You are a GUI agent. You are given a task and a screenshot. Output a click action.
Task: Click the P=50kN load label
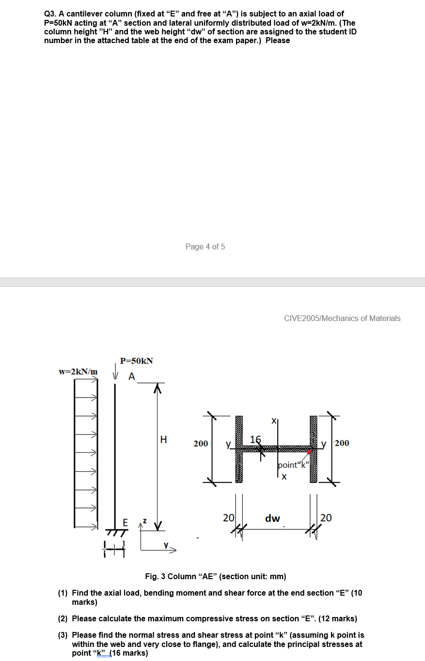pos(136,361)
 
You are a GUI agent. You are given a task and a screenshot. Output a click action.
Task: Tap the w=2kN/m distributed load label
pos(78,371)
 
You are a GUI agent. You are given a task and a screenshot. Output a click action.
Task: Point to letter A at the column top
pos(131,377)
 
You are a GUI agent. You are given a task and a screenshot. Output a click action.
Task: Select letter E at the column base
pos(125,523)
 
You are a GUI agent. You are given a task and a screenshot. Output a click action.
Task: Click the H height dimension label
pos(163,440)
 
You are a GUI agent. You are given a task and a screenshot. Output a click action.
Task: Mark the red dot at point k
pos(310,452)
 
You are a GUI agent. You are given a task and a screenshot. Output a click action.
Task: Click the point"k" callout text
pos(293,465)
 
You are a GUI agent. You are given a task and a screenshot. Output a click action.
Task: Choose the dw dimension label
pos(272,519)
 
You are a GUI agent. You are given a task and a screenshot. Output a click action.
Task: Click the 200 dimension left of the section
pos(201,443)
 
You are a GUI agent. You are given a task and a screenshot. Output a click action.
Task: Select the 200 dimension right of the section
pos(341,443)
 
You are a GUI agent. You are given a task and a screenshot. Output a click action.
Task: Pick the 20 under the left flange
pos(228,518)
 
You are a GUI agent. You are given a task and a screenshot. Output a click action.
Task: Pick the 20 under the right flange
pos(326,518)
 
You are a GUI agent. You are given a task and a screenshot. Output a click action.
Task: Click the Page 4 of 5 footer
pos(205,246)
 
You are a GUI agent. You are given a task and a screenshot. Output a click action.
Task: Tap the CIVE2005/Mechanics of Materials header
pos(342,318)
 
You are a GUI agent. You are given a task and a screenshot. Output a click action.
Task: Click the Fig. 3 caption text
pos(216,576)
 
